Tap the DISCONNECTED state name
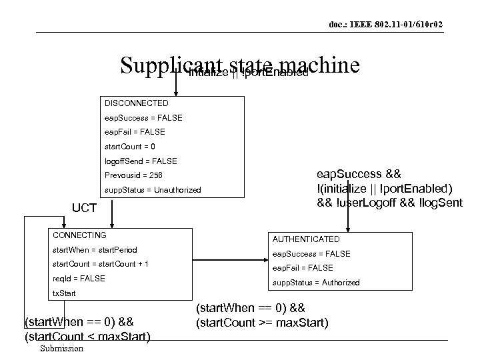point(136,103)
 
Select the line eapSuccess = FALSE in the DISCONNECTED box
point(143,117)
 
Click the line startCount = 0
point(130,146)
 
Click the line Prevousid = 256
point(133,175)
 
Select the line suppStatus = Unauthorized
point(152,190)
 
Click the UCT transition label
point(85,209)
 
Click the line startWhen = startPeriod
point(94,250)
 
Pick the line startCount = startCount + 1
point(100,264)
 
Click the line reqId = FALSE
point(78,278)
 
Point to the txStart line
point(64,293)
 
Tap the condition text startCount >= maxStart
point(261,323)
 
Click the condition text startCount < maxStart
point(87,335)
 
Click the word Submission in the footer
point(61,349)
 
